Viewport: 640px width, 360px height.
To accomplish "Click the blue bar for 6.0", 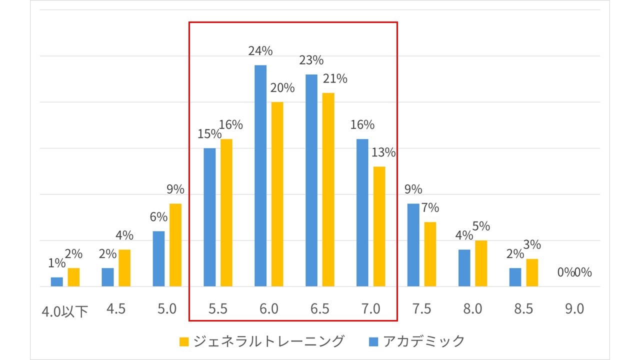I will (x=260, y=175).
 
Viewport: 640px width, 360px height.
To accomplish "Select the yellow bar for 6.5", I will (x=328, y=189).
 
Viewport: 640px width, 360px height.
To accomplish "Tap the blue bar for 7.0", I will (x=362, y=212).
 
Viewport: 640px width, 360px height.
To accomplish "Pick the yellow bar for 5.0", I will (x=175, y=245).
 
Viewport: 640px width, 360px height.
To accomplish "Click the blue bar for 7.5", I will (x=413, y=245).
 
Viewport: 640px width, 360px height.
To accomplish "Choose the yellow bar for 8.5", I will (x=531, y=272).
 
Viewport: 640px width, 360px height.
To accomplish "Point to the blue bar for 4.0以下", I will (x=57, y=282).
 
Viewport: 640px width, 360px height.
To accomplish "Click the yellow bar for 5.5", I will (x=226, y=212).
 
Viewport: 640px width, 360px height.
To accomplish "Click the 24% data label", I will (x=260, y=51).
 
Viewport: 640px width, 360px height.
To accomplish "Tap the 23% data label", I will (x=311, y=60).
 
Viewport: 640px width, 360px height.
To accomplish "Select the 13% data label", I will (x=383, y=152).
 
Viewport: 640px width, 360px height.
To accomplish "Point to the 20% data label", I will (x=282, y=88).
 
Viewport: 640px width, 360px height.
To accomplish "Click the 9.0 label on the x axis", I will (x=574, y=309).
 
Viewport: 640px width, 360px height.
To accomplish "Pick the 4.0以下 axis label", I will (x=65, y=310).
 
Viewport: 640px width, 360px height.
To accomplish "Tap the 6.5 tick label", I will (x=319, y=309).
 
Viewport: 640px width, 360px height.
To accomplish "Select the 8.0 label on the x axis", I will (x=472, y=309).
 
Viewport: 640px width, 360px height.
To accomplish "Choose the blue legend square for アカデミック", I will (x=373, y=341).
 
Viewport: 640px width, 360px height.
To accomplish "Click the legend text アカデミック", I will (x=424, y=341).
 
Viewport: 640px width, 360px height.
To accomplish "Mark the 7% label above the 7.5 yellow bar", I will (x=429, y=207).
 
